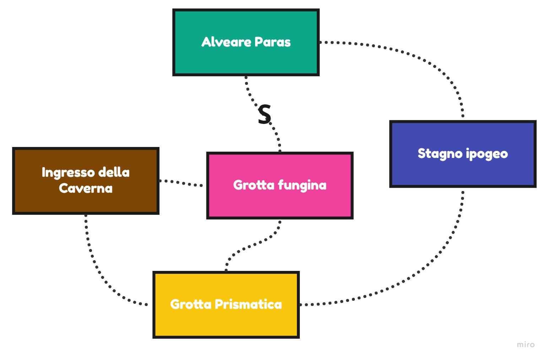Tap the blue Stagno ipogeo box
(x=463, y=170)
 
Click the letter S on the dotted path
(x=264, y=115)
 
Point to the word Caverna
(x=86, y=188)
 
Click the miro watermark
(x=525, y=344)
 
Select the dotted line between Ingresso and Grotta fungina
(x=181, y=183)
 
